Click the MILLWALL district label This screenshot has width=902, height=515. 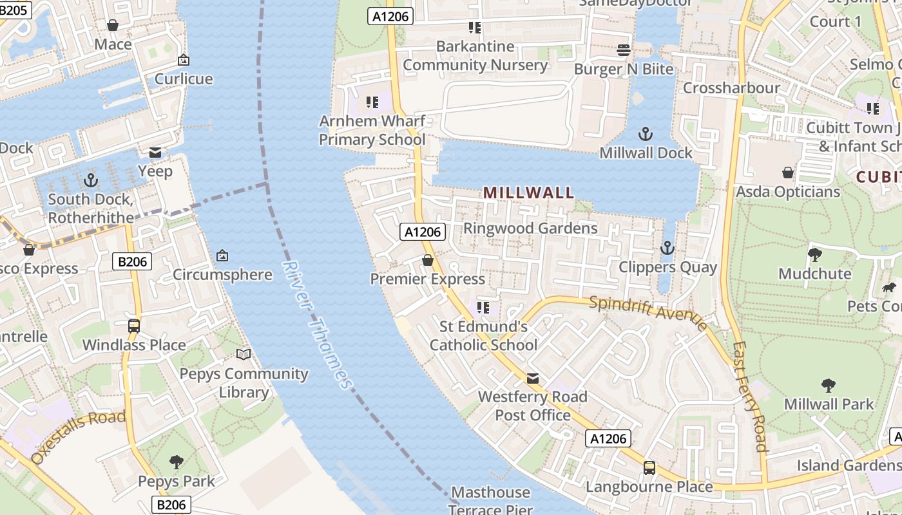(528, 192)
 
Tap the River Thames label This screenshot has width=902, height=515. (318, 325)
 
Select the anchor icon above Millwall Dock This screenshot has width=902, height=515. (645, 134)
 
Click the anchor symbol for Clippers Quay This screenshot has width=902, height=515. (667, 248)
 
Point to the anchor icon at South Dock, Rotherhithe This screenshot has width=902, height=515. (90, 180)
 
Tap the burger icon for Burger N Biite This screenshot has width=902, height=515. (623, 50)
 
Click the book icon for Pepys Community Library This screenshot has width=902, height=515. (244, 354)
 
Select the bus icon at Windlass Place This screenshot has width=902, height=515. (134, 326)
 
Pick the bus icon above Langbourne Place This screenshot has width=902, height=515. (649, 467)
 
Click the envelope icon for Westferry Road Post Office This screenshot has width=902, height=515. (533, 378)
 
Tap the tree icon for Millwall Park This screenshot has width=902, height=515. (829, 385)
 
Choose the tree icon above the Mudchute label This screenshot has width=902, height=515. (815, 254)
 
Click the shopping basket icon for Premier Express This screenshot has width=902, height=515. (427, 260)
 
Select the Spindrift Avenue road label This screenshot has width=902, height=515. (648, 312)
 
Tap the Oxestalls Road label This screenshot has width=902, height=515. (78, 437)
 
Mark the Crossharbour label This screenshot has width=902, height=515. (731, 88)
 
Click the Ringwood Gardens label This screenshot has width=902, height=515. (530, 228)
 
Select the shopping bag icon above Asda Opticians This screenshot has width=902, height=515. (787, 173)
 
